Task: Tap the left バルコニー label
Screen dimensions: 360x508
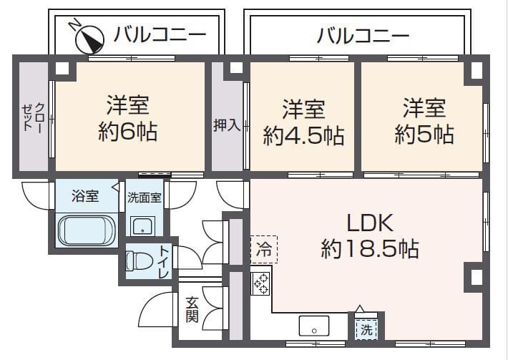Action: tap(160, 34)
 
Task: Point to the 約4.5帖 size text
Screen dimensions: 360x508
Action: tap(303, 135)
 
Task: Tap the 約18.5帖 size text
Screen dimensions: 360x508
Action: tap(369, 250)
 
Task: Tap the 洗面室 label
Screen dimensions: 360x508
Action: tap(145, 198)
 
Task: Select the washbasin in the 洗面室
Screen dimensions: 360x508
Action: tap(144, 226)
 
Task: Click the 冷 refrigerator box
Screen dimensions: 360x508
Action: tap(263, 250)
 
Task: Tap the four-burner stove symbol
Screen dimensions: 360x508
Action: tap(260, 283)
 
